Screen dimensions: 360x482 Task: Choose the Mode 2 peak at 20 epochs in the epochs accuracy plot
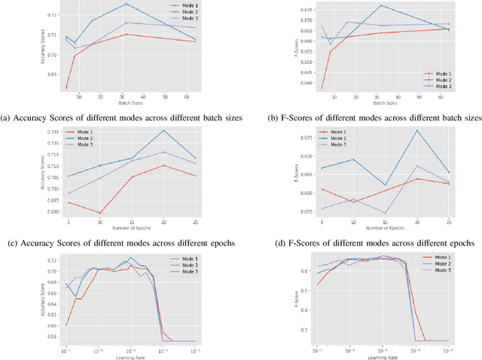click(163, 130)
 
